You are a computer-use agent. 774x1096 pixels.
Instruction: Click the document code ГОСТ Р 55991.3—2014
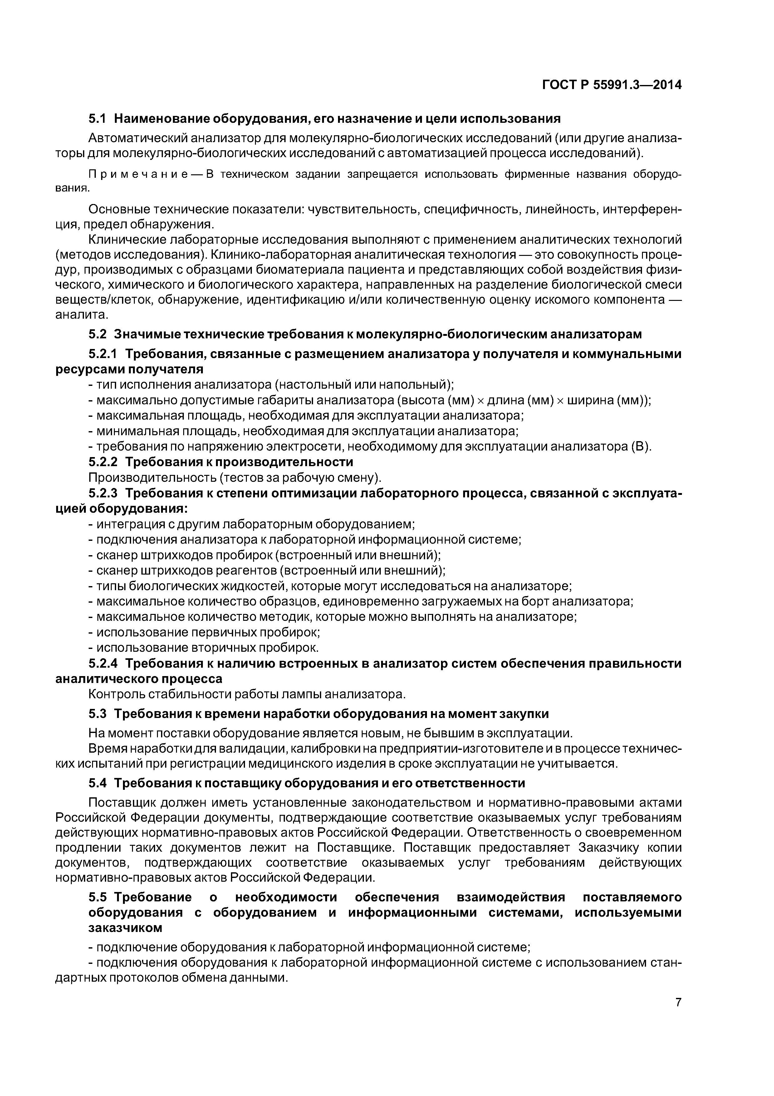[x=612, y=85]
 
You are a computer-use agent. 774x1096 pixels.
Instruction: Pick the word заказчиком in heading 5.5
[x=125, y=928]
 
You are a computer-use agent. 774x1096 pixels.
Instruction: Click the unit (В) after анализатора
[x=640, y=447]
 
